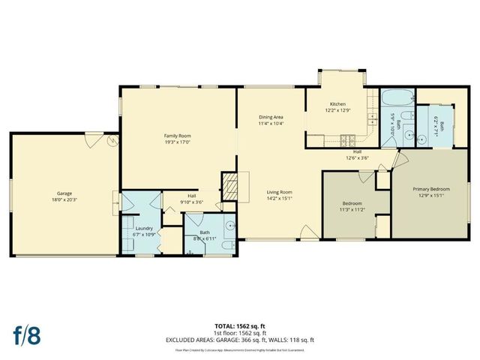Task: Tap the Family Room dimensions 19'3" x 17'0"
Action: pos(179,141)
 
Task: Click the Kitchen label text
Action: pos(337,103)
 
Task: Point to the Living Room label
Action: pos(279,192)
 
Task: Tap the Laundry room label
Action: pos(143,229)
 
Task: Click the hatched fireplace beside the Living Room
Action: pos(228,184)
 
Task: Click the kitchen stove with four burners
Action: pos(347,139)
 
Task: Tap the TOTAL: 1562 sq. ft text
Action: pos(240,325)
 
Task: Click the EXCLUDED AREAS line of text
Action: pos(240,340)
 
